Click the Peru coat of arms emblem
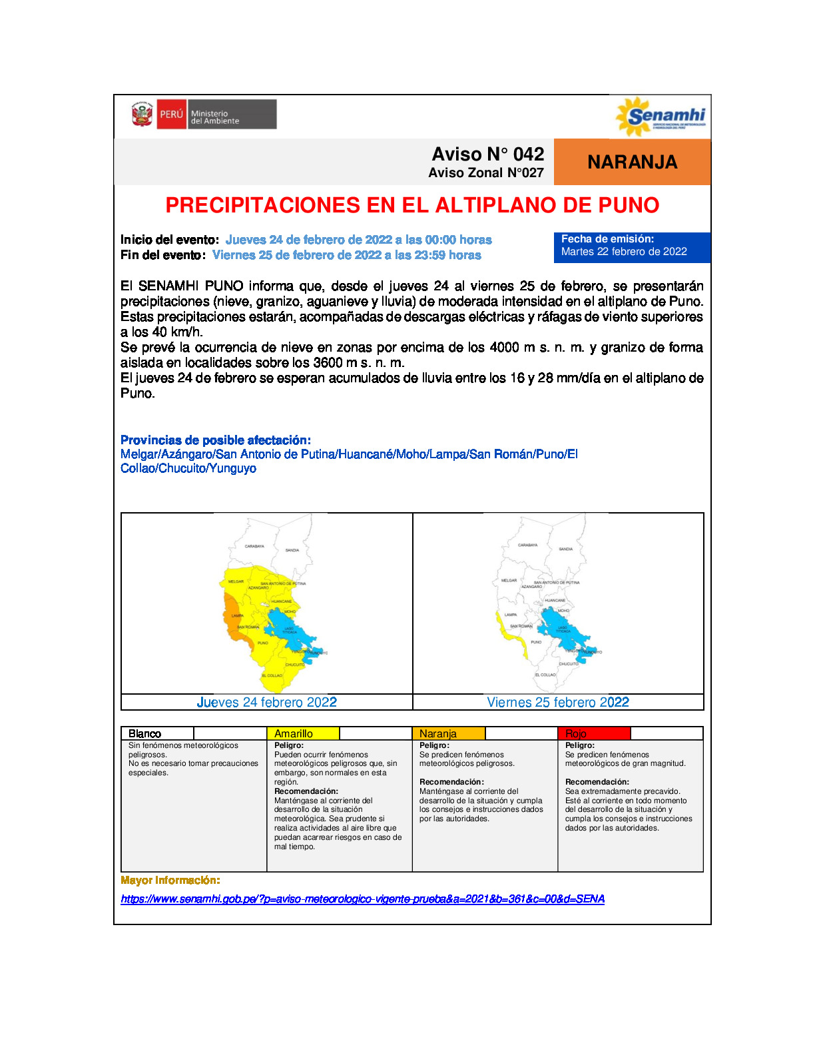click(142, 115)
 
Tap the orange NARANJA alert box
click(632, 162)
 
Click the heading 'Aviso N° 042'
click(487, 154)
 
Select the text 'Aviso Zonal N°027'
click(485, 173)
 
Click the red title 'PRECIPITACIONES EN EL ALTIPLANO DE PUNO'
click(412, 205)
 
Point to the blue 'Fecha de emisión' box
click(631, 246)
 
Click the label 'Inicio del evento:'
click(170, 240)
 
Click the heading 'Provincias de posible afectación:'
click(216, 440)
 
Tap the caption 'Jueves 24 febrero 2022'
click(266, 702)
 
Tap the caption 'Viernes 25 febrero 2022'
click(558, 702)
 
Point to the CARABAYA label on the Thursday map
click(254, 546)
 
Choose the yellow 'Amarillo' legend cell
click(303, 733)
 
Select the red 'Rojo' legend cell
click(593, 733)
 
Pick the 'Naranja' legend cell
click(448, 733)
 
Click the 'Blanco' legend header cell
click(157, 733)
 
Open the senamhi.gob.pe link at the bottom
click(362, 899)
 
